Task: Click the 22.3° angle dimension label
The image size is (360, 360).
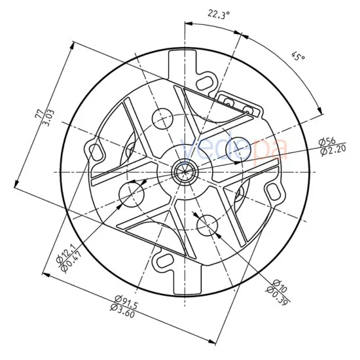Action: pyautogui.click(x=219, y=13)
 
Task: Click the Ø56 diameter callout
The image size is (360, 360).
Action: pyautogui.click(x=327, y=142)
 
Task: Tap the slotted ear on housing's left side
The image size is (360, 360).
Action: pyautogui.click(x=96, y=151)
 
